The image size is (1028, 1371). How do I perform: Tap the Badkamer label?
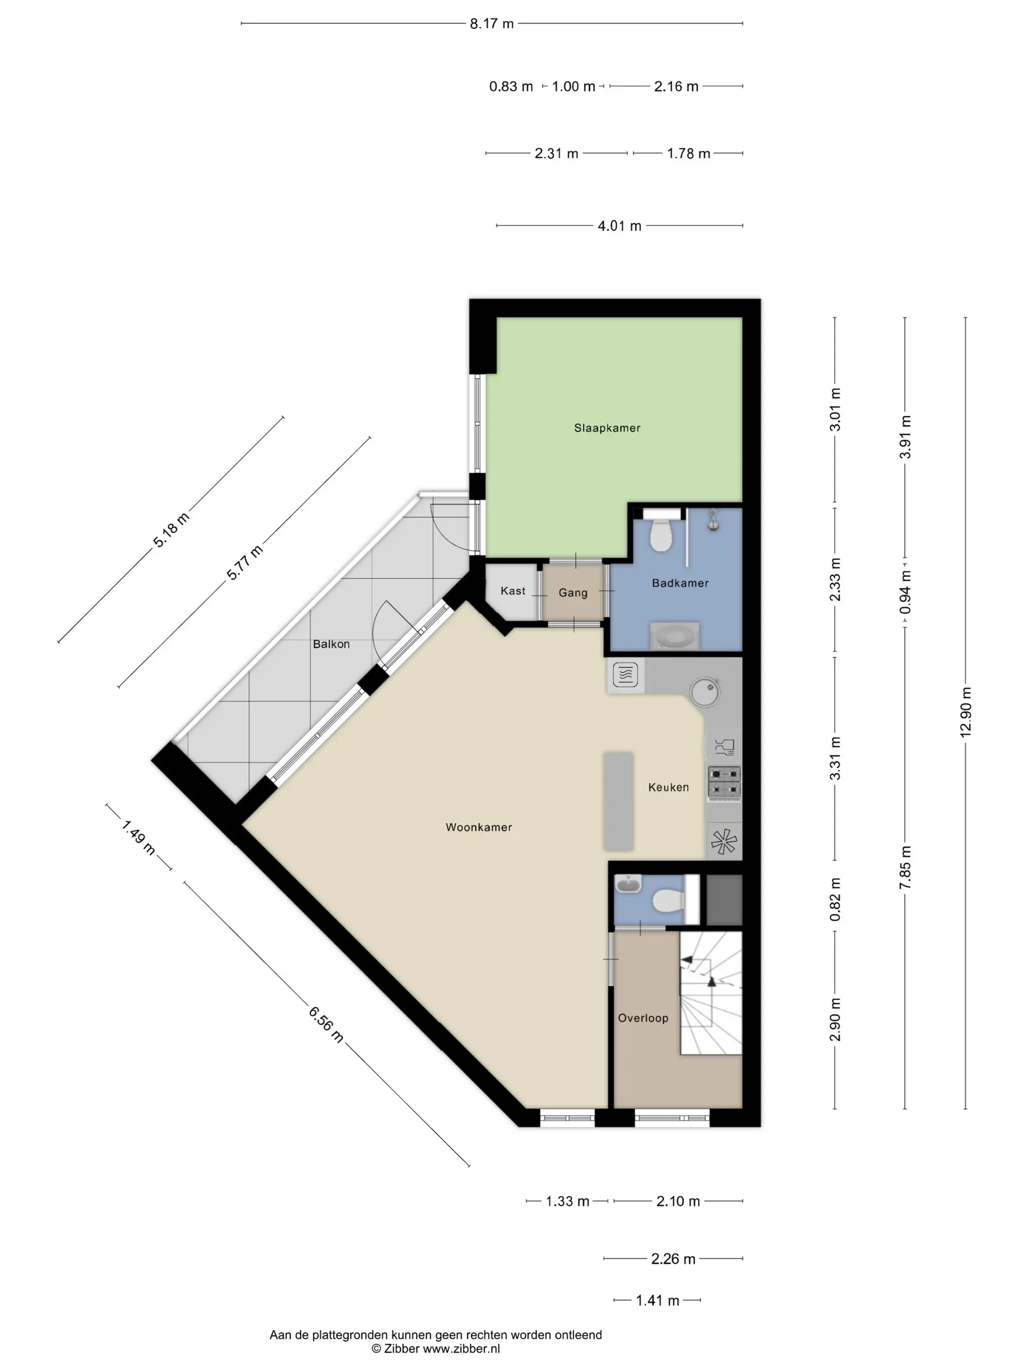(x=680, y=583)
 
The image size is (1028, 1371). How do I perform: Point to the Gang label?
(x=573, y=592)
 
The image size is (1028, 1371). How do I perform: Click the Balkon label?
(x=331, y=644)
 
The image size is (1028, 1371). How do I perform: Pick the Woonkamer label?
(x=478, y=827)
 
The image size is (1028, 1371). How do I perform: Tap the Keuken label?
(x=668, y=787)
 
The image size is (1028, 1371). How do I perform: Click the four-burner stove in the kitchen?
(x=724, y=781)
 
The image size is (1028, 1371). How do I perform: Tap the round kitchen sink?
(x=705, y=692)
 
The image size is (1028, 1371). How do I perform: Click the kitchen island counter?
(x=618, y=802)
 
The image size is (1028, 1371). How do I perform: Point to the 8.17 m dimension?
(x=491, y=24)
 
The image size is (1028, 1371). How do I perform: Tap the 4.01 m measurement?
(x=619, y=226)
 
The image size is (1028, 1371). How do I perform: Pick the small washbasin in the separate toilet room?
(x=629, y=883)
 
